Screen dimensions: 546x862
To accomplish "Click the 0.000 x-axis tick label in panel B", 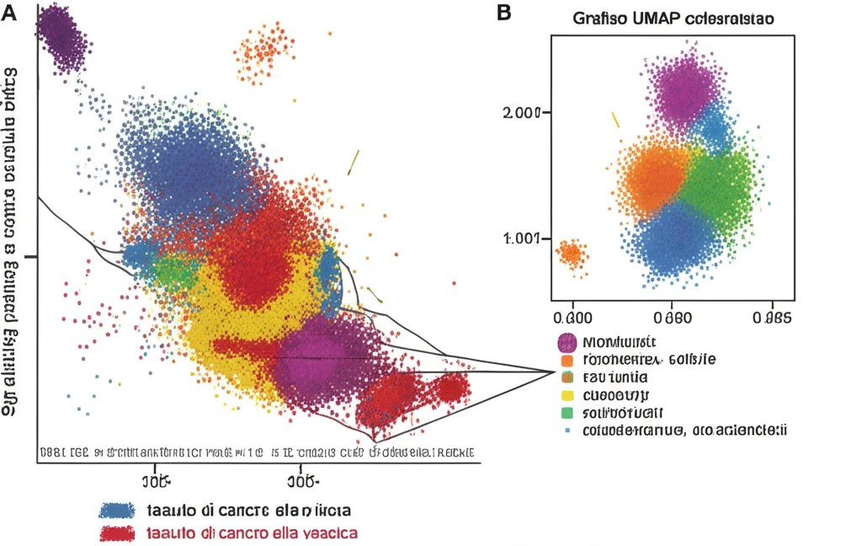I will click(x=572, y=318).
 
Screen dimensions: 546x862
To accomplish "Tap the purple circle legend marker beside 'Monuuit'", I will click(x=567, y=342).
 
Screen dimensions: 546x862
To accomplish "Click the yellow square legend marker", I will click(x=567, y=394).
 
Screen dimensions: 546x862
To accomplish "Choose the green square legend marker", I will click(x=567, y=412).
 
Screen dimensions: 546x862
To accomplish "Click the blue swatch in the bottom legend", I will click(x=117, y=511).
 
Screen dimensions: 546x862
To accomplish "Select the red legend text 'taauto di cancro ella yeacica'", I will click(x=252, y=533).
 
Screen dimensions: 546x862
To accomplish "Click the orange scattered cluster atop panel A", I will click(x=266, y=52).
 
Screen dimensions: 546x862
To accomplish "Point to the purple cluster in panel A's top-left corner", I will click(x=60, y=35).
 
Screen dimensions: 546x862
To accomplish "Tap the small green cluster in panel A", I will click(x=173, y=271).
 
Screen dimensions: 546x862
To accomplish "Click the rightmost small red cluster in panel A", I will click(x=450, y=389).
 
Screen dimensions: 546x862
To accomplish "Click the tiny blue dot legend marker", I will click(x=567, y=431).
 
